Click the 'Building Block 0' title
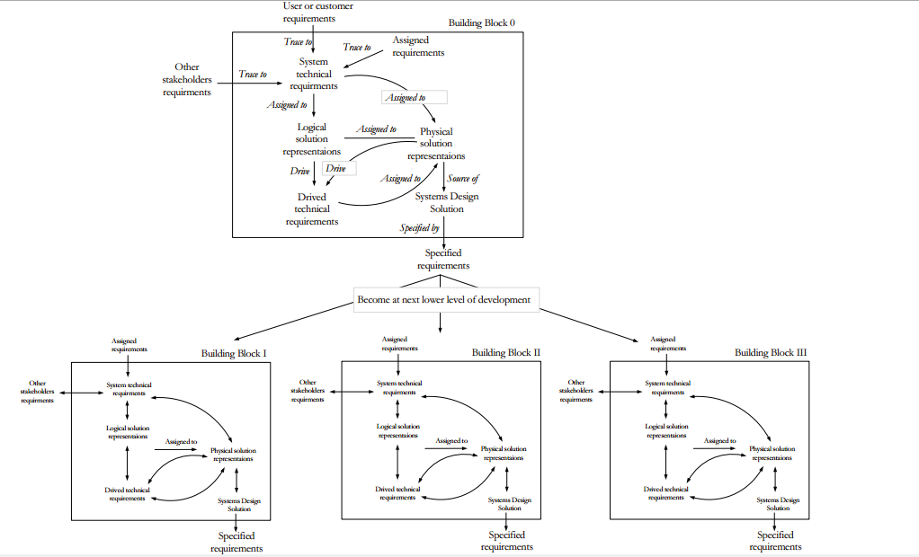point(481,22)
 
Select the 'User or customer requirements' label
point(317,12)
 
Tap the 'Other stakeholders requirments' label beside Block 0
point(187,79)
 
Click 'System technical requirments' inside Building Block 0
point(313,74)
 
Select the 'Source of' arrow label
point(463,179)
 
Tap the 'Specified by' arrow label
point(419,228)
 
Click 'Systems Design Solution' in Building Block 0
point(446,202)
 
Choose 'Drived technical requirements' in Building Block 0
point(312,209)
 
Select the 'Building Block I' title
point(233,353)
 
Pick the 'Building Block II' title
point(505,353)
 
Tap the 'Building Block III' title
point(771,353)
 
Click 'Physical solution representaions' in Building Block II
point(504,453)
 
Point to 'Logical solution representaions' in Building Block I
point(129,432)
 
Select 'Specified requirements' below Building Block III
point(774,541)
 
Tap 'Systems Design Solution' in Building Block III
point(778,503)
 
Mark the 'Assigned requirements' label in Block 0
point(418,47)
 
